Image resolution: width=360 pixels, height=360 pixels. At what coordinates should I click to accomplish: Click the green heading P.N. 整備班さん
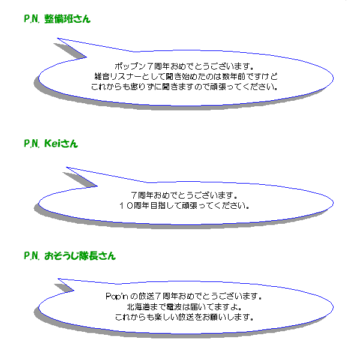click(57, 19)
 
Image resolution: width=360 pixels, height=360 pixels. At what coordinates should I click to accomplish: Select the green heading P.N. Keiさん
click(51, 143)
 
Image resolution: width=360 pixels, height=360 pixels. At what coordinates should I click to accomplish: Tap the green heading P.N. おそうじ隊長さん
click(70, 256)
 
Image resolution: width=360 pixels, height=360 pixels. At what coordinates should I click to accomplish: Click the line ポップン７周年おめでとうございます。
click(184, 67)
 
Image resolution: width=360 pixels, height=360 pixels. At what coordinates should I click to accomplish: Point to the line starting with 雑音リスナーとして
click(186, 76)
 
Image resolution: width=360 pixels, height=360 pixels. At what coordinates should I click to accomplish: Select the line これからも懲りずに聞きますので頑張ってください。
click(185, 87)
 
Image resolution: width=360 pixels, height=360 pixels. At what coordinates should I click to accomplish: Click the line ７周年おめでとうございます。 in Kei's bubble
click(184, 196)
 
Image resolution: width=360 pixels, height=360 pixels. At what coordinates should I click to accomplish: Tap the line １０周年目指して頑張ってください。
click(184, 205)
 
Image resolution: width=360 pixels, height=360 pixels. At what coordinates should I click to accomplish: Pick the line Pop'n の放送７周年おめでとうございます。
click(184, 296)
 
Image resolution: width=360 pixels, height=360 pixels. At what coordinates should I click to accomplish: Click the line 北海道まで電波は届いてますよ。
click(184, 307)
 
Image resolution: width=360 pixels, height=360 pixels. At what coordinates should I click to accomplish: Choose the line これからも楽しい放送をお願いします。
click(184, 317)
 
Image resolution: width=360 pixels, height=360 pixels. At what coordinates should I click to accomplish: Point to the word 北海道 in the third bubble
click(139, 307)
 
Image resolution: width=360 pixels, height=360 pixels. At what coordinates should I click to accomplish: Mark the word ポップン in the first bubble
click(130, 67)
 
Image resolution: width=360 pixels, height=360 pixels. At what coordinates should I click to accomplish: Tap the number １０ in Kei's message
click(126, 205)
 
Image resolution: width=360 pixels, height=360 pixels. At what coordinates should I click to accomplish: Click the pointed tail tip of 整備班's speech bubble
click(58, 38)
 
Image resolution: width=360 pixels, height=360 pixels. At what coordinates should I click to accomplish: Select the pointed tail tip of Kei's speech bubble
click(67, 167)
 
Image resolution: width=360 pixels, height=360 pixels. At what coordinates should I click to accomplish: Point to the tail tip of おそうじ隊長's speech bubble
click(58, 279)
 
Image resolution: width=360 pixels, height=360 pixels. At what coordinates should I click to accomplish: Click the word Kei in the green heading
click(52, 143)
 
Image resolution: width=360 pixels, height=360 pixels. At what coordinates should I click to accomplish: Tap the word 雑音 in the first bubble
click(102, 76)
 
